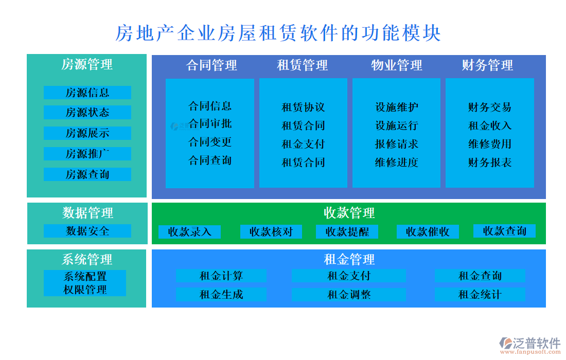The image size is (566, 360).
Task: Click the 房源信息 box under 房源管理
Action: pos(87,93)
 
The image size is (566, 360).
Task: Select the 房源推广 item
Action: pos(87,154)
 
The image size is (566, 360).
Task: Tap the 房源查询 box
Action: pos(87,174)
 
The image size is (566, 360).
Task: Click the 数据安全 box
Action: pos(87,231)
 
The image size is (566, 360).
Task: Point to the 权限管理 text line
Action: pos(85,290)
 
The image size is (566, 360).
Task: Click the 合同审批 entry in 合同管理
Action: pos(210,123)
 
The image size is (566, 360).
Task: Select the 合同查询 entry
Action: pos(210,160)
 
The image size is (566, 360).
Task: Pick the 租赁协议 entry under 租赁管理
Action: pos(303,107)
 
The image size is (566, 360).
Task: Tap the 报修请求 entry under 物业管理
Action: pos(396,144)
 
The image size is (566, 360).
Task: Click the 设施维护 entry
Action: pos(396,107)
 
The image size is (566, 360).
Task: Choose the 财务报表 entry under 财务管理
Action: pos(489,163)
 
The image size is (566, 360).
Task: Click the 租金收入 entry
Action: pos(489,125)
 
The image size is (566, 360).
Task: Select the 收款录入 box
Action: pos(189,232)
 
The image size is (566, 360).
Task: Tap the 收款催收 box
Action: pos(428,232)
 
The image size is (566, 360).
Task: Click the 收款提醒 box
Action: pos(347,232)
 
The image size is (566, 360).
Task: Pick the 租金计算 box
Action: pos(221,276)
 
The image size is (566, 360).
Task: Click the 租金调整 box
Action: pos(349,295)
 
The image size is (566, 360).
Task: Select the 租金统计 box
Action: pos(480,295)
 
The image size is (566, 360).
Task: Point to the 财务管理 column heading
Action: pos(487,65)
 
